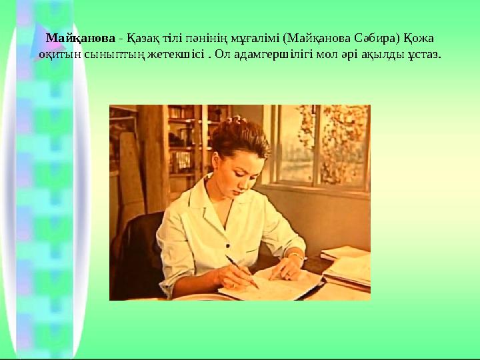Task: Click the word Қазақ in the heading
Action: pos(130,39)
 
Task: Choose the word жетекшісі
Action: pos(176,53)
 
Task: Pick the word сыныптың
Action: pos(108,53)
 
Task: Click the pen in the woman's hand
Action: pos(241,271)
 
